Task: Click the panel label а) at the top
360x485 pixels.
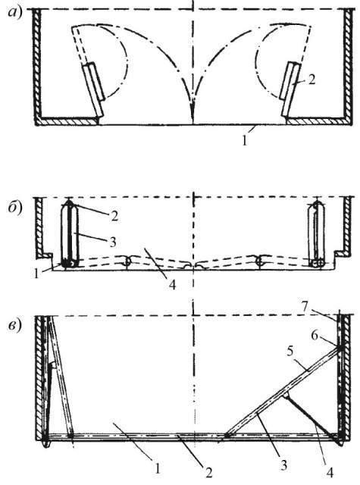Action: click(x=15, y=13)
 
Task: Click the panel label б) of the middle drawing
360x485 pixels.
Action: click(x=15, y=207)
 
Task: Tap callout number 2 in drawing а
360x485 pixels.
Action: click(x=311, y=80)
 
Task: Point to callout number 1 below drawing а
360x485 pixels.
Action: click(x=244, y=141)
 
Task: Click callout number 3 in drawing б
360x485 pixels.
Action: click(x=113, y=242)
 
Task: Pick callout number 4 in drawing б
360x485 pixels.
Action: click(x=173, y=285)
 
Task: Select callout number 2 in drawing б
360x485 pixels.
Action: click(x=114, y=216)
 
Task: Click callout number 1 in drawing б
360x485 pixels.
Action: click(x=37, y=274)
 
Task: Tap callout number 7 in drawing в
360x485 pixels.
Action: click(x=305, y=307)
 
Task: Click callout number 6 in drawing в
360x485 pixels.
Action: click(x=315, y=335)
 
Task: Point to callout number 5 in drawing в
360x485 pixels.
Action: click(x=290, y=352)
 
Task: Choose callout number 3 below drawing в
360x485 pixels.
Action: click(x=284, y=465)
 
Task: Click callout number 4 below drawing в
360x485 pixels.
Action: click(x=330, y=472)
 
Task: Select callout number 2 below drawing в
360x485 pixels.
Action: click(x=209, y=472)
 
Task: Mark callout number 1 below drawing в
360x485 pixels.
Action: click(x=158, y=468)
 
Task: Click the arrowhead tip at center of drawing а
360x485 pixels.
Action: click(x=193, y=123)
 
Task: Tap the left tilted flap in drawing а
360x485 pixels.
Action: click(x=93, y=89)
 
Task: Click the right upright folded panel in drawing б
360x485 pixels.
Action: click(x=317, y=234)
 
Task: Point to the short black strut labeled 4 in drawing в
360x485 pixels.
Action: click(x=311, y=415)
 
